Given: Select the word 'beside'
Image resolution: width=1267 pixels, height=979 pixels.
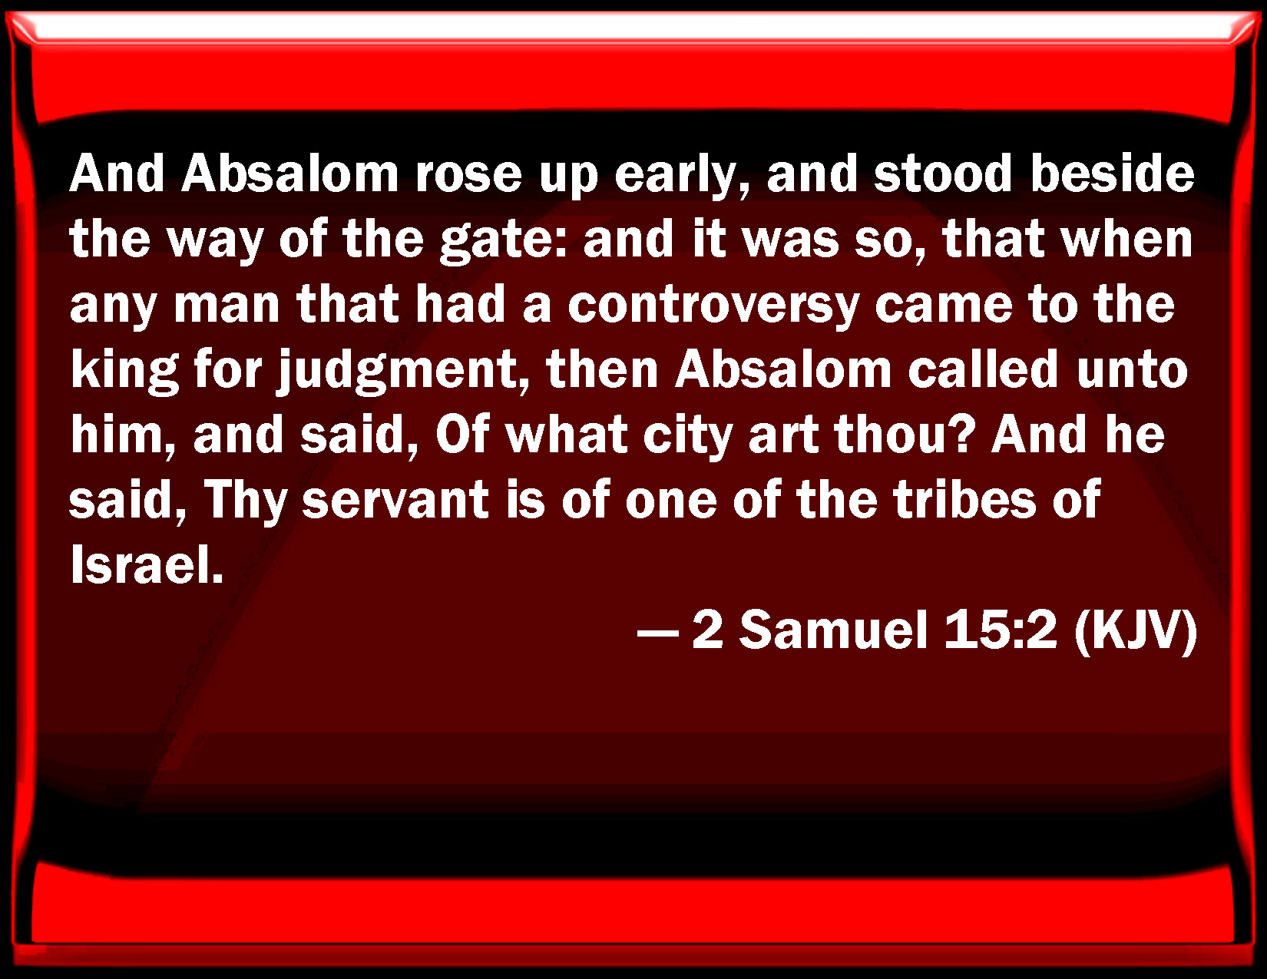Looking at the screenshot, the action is (1113, 174).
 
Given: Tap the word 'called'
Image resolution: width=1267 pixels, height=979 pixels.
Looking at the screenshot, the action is (983, 369).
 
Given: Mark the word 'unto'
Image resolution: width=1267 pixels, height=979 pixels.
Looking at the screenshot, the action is (1133, 372).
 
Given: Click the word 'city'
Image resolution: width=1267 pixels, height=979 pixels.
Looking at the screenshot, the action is (688, 437).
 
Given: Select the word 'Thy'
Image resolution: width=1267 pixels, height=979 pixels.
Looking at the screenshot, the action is (246, 502).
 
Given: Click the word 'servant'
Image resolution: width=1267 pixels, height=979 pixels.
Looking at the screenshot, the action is (395, 502).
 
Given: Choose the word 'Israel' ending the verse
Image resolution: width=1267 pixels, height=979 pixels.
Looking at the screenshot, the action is (147, 565).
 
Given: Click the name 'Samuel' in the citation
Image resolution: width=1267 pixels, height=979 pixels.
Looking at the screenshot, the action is (834, 631).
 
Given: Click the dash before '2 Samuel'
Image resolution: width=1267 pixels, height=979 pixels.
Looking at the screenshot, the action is (658, 633).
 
